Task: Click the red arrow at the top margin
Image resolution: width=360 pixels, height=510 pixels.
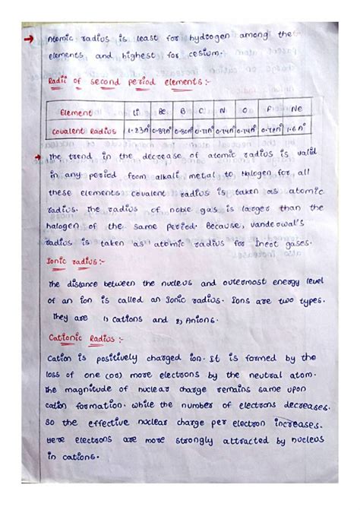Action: click(30, 36)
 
